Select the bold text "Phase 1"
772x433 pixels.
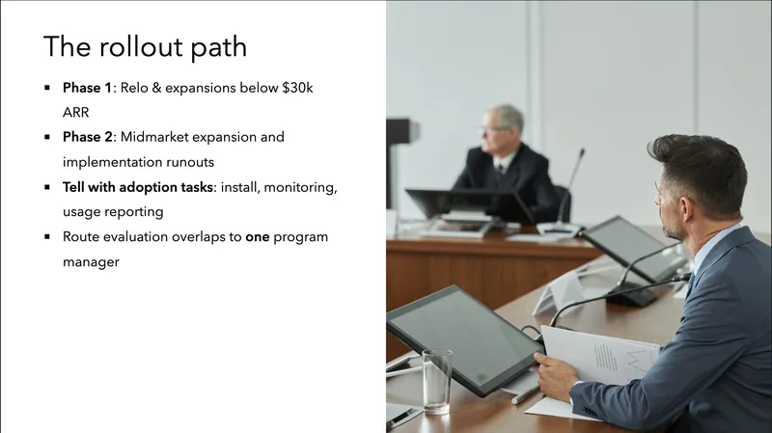coord(87,88)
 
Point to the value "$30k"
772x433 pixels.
coord(296,88)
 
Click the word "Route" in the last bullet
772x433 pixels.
coord(83,236)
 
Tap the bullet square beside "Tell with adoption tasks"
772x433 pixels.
coord(46,187)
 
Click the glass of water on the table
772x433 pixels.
coord(436,380)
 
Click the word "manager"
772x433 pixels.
coord(91,261)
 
